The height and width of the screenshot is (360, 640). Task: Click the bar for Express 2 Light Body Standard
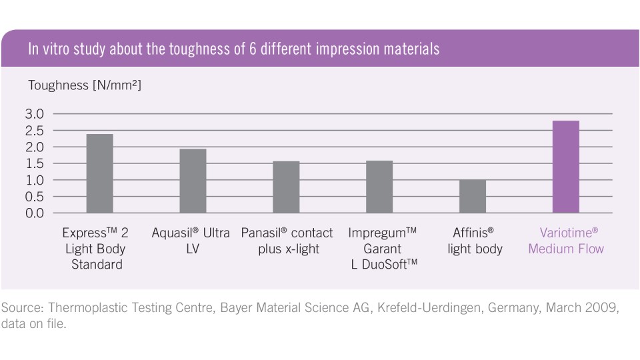pyautogui.click(x=99, y=174)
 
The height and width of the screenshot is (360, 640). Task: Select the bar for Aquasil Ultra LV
pyautogui.click(x=193, y=181)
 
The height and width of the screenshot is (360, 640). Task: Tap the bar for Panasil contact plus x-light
pyautogui.click(x=286, y=187)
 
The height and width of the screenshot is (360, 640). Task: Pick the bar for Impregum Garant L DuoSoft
pyautogui.click(x=379, y=187)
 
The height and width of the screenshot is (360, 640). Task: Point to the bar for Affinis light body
pyautogui.click(x=473, y=197)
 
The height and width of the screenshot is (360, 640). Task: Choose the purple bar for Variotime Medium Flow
pyautogui.click(x=566, y=167)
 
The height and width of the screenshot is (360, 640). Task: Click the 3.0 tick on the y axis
pyautogui.click(x=35, y=114)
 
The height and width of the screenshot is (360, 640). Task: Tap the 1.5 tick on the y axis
pyautogui.click(x=35, y=164)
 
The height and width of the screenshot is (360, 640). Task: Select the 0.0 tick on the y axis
pyautogui.click(x=35, y=213)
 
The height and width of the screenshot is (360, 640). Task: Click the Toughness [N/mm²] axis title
pyautogui.click(x=85, y=85)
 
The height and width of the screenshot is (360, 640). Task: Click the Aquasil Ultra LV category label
pyautogui.click(x=191, y=241)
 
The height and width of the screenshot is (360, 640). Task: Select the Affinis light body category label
pyautogui.click(x=475, y=241)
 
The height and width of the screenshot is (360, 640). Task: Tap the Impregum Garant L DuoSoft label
pyautogui.click(x=382, y=249)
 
